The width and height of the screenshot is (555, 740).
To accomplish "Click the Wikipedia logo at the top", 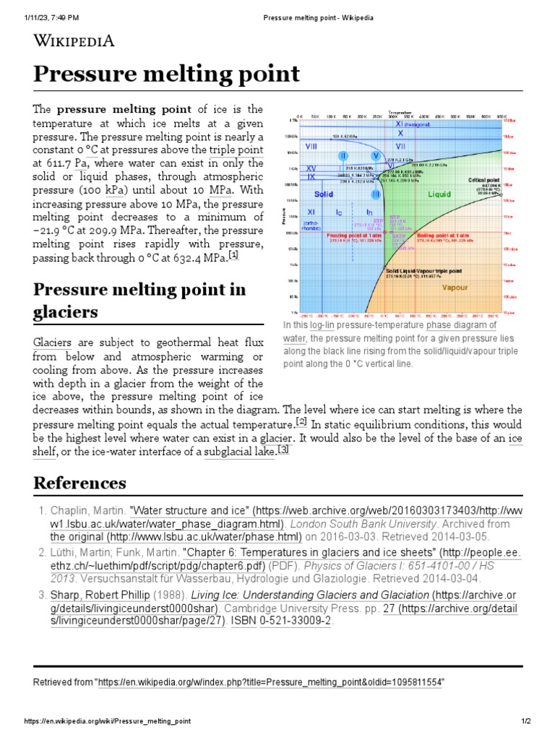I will tap(74, 40).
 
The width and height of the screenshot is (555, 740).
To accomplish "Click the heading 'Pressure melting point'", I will tap(167, 74).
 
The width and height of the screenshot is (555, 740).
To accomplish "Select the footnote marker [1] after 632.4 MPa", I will tap(233, 256).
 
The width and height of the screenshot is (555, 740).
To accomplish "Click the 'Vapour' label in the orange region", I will tap(455, 288).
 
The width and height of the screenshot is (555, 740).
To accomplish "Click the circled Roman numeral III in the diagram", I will tap(376, 194).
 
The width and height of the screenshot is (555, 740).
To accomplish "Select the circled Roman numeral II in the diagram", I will tap(344, 156).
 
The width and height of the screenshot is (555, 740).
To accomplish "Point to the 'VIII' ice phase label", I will tap(312, 147).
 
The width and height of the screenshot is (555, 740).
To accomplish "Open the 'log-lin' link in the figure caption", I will tap(322, 326).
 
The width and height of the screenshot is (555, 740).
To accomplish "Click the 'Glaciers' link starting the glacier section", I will tap(52, 342).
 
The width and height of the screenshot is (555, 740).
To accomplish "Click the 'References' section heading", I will tap(79, 483).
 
